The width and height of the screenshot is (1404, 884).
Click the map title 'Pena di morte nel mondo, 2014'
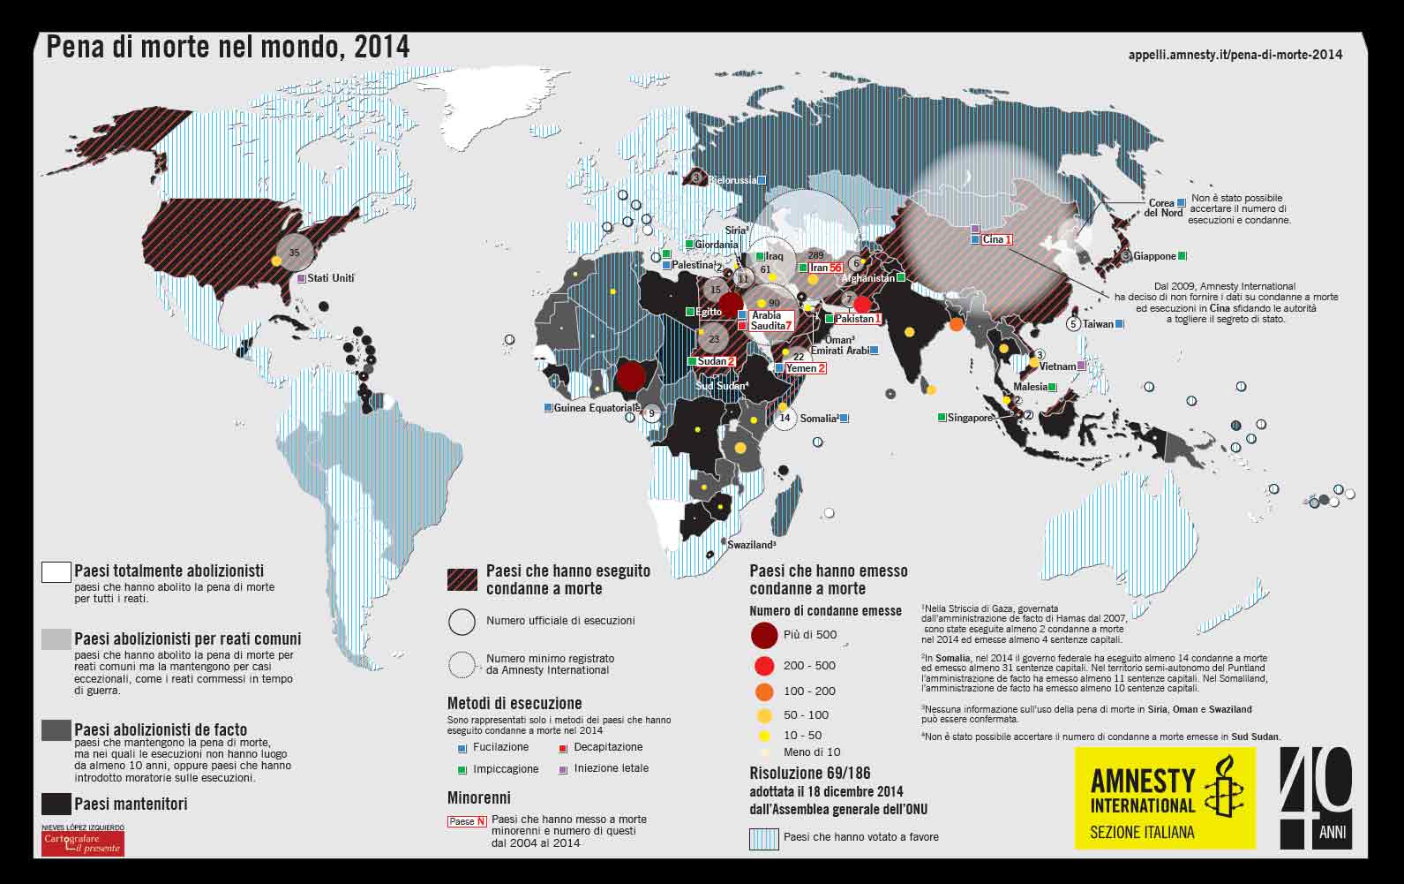(228, 48)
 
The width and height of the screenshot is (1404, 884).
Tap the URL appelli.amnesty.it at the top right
(1235, 55)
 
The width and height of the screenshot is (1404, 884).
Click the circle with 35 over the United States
(295, 252)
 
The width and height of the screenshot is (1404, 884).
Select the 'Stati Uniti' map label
(331, 278)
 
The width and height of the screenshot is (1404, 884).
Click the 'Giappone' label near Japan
(1154, 256)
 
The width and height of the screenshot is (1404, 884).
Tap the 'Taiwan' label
(1098, 324)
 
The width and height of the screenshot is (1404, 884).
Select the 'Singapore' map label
(970, 418)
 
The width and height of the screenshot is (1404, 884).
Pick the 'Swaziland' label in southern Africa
(750, 545)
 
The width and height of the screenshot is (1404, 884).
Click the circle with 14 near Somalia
(785, 418)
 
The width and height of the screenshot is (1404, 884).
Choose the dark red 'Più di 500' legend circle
(764, 635)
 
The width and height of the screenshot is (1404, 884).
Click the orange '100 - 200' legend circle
(764, 691)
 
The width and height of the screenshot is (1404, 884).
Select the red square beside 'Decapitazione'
(563, 748)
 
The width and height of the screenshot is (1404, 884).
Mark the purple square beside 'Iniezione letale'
(563, 769)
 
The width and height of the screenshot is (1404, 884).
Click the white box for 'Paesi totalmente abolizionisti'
(56, 572)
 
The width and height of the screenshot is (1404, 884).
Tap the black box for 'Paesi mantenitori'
(56, 804)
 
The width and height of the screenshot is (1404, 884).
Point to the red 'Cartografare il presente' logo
(83, 842)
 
